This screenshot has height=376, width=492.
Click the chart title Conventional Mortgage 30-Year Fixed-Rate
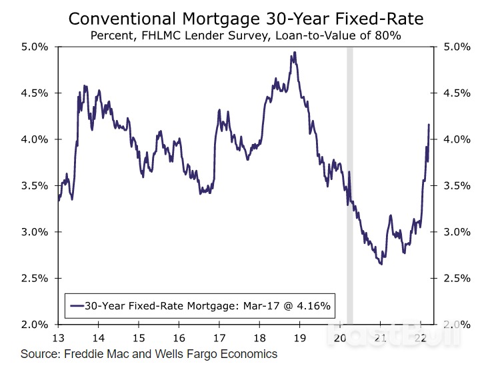click(245, 19)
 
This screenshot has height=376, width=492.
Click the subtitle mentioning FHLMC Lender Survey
click(245, 35)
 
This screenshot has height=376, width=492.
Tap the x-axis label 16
click(179, 337)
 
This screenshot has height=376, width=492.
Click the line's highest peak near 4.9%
click(294, 53)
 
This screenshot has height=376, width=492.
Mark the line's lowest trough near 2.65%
click(381, 265)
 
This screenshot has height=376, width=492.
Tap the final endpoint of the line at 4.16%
click(429, 125)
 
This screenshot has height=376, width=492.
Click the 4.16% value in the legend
click(316, 307)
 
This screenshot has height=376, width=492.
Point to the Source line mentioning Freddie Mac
click(149, 354)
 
